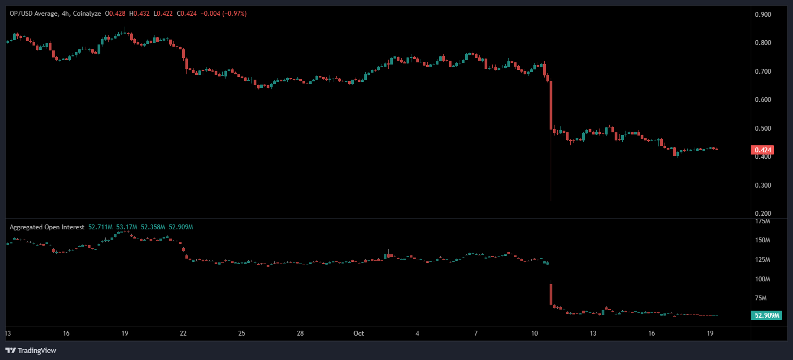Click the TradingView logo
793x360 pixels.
pos(30,350)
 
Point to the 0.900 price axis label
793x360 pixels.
pos(763,15)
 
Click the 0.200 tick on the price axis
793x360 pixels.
pos(763,214)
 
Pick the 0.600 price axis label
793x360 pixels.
pos(763,100)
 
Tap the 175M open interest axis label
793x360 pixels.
pos(763,222)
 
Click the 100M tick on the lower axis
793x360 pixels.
pos(763,279)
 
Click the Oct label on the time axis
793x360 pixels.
pos(358,333)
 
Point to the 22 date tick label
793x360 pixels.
pos(183,333)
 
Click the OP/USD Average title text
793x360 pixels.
pos(33,14)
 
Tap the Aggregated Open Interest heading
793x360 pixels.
pos(47,227)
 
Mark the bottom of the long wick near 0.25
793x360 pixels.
pos(551,201)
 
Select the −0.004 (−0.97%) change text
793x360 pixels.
pos(223,14)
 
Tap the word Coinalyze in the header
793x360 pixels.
pos(88,14)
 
